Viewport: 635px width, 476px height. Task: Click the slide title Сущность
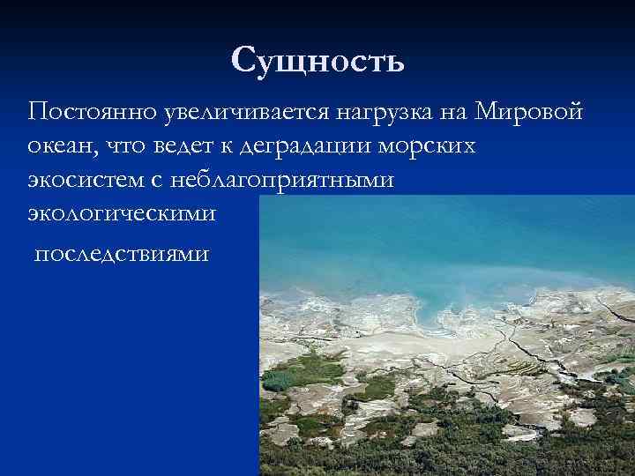click(x=317, y=61)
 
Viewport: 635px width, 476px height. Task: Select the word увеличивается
click(x=234, y=114)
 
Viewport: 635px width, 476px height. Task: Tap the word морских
click(x=436, y=147)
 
